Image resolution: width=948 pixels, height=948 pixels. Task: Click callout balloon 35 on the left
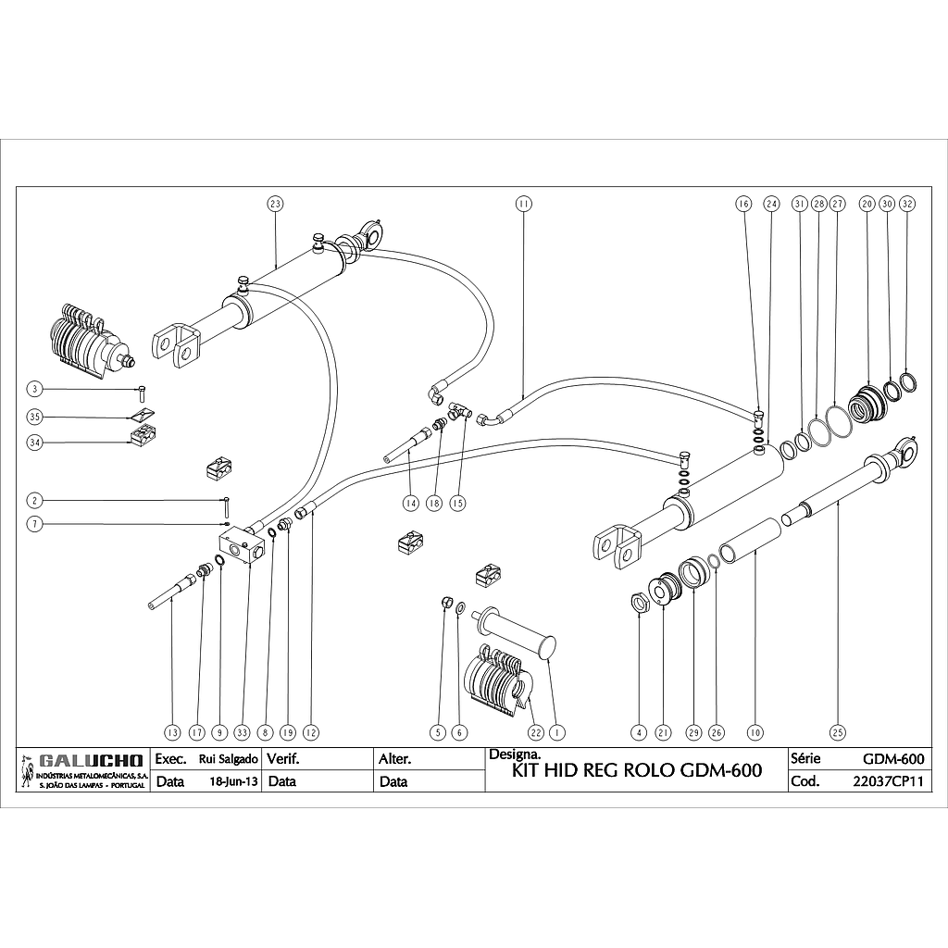(x=35, y=417)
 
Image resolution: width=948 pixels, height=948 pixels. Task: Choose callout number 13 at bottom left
(x=171, y=731)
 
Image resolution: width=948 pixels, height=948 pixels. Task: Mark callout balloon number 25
(x=838, y=731)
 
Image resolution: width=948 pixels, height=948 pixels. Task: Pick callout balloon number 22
(x=535, y=731)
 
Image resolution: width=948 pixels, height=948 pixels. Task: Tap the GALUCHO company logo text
(x=89, y=761)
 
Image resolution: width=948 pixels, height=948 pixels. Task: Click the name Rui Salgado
(x=228, y=759)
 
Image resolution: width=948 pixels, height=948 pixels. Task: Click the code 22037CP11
(x=888, y=781)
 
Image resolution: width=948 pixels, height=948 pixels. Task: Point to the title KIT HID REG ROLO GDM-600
(x=637, y=771)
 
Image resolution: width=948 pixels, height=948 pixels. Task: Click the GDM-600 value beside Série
(x=892, y=759)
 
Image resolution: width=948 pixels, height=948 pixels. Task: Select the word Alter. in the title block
(x=395, y=759)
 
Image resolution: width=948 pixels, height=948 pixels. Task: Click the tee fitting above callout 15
(x=460, y=408)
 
